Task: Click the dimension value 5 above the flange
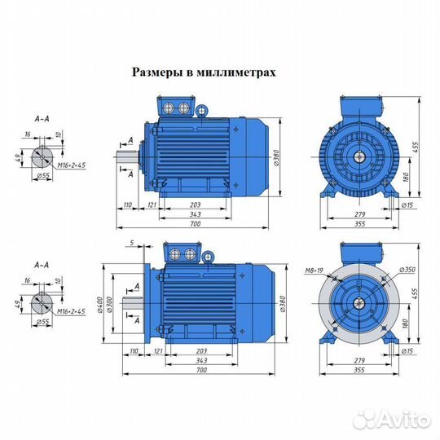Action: coord(130,243)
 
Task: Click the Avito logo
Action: coord(399,419)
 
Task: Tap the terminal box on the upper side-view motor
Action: coord(178,108)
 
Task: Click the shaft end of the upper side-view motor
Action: coord(129,156)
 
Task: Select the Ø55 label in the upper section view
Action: coord(42,174)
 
